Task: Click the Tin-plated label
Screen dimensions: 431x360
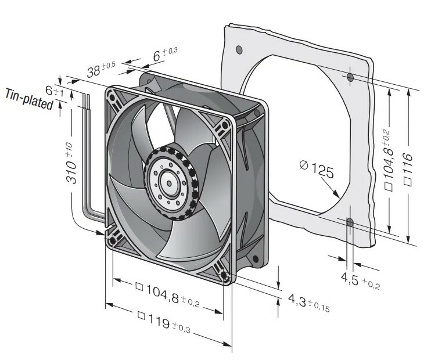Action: coord(29,99)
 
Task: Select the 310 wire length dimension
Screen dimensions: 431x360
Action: coord(70,163)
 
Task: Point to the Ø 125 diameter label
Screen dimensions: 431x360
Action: coord(317,170)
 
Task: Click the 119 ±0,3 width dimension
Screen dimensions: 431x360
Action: coord(164,321)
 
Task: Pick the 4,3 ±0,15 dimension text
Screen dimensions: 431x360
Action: coord(308,303)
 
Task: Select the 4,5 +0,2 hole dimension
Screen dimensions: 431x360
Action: coord(360,281)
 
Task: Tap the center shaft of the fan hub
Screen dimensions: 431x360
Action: coord(169,183)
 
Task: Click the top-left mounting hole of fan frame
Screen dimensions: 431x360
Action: coord(113,98)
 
